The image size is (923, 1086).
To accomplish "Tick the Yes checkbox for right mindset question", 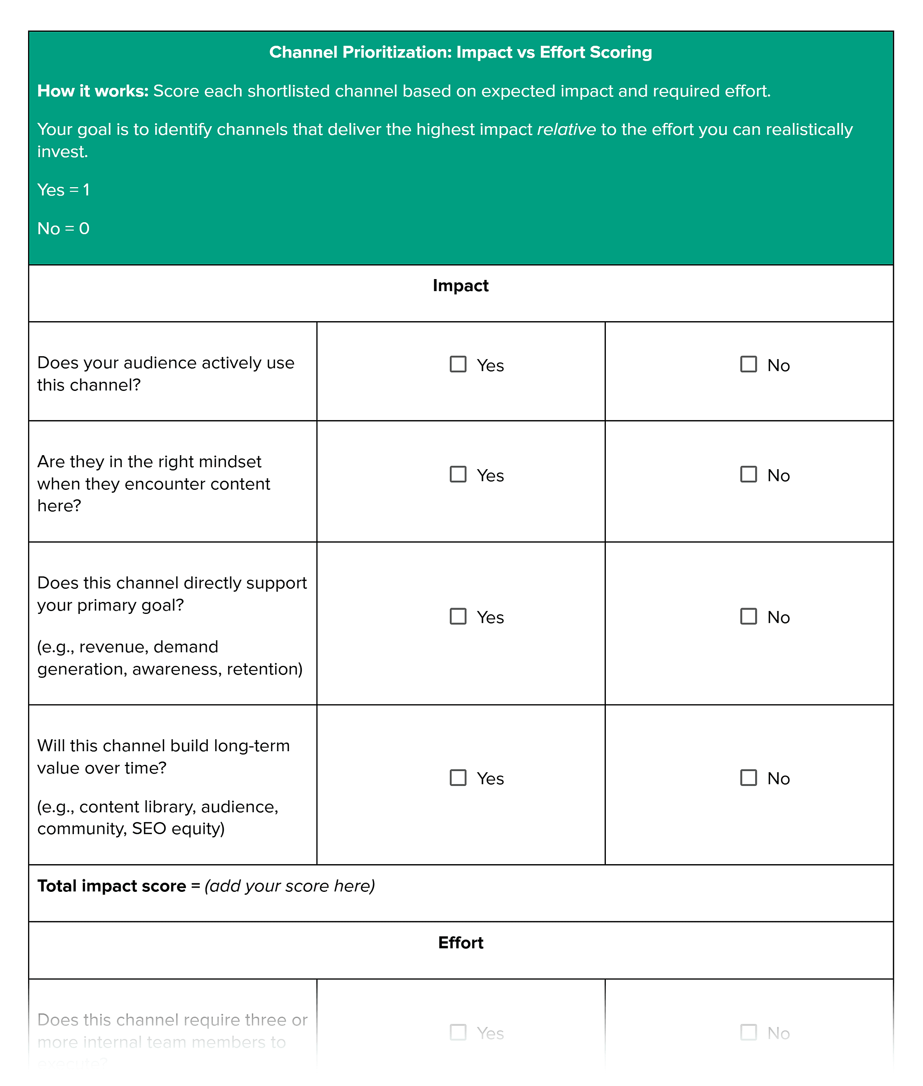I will coord(458,474).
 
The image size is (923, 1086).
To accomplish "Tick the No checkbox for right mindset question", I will coord(748,474).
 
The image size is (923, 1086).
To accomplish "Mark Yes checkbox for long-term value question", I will coord(458,777).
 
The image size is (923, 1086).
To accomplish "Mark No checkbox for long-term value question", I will coord(748,777).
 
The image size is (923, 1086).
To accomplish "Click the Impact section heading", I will coord(460,286).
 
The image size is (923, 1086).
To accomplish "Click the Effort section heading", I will coord(460,943).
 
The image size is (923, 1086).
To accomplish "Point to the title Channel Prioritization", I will coord(460,52).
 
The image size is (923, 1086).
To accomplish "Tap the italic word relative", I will coord(566,129).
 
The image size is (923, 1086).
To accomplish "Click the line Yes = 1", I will coord(63,190).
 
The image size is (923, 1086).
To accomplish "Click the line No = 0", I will coord(63,228).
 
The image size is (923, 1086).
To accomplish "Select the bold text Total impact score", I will coord(111,886).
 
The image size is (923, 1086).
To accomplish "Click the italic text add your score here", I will coord(289,886).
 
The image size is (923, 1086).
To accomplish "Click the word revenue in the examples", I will coord(112,647).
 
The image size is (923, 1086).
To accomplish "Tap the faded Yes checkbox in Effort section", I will coord(458,1032).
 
